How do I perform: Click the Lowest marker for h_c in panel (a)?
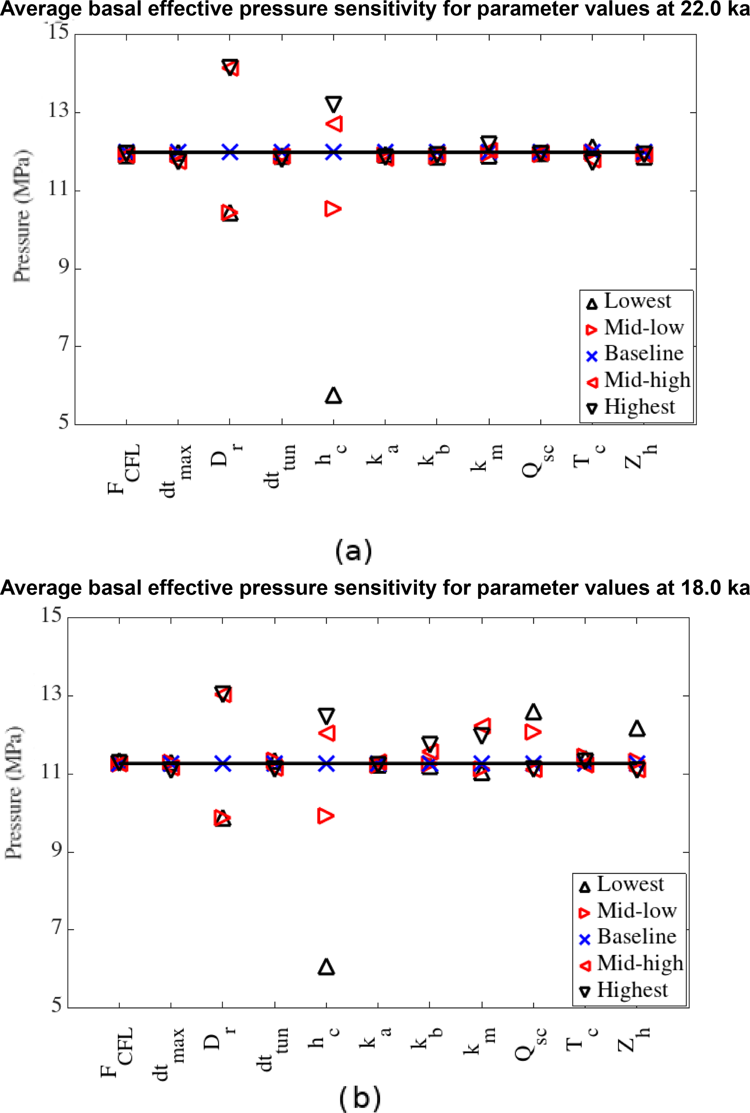click(x=333, y=395)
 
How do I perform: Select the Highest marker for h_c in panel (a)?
click(x=333, y=104)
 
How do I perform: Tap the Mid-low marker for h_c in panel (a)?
click(x=332, y=209)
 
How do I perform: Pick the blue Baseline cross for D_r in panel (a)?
click(x=230, y=152)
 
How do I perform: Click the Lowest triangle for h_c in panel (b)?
click(x=326, y=967)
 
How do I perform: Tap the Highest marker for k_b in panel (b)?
click(x=430, y=743)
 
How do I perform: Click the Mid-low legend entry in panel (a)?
click(x=636, y=328)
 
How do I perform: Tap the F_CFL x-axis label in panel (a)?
click(x=124, y=469)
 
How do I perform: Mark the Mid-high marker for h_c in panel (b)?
click(x=327, y=733)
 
